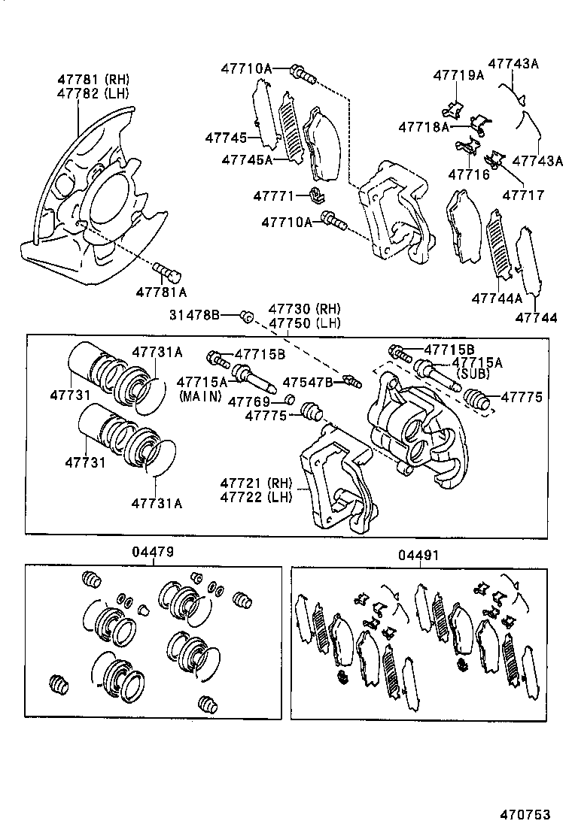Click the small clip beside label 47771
coord(317,197)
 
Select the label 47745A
coord(245,159)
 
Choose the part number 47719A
coord(458,74)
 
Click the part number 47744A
coord(497,298)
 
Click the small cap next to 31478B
coord(245,316)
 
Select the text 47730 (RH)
coord(304,310)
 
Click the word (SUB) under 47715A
coord(473,374)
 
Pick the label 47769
coord(249,401)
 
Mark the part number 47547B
coord(308,382)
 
